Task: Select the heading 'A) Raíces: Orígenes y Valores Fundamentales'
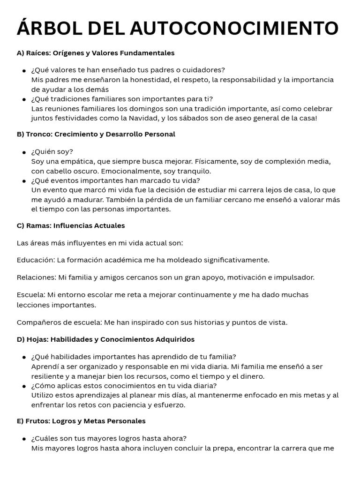point(96,53)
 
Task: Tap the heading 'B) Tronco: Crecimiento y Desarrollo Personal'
point(96,134)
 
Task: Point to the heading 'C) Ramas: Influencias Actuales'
point(71,225)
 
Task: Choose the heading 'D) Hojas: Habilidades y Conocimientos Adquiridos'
point(105,339)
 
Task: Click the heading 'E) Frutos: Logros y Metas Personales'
point(81,421)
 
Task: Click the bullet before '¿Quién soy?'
point(24,152)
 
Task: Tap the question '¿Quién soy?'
point(52,151)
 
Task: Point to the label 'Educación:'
point(36,260)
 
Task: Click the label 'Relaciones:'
point(37,277)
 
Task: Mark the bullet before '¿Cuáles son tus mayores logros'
point(24,439)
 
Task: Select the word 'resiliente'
point(48,376)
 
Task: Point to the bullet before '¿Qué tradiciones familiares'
point(24,99)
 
